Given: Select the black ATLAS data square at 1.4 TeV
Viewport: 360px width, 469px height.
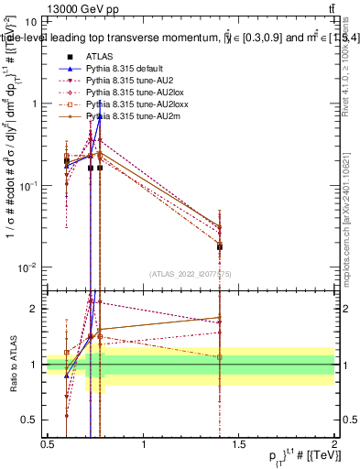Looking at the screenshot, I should point(220,246).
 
